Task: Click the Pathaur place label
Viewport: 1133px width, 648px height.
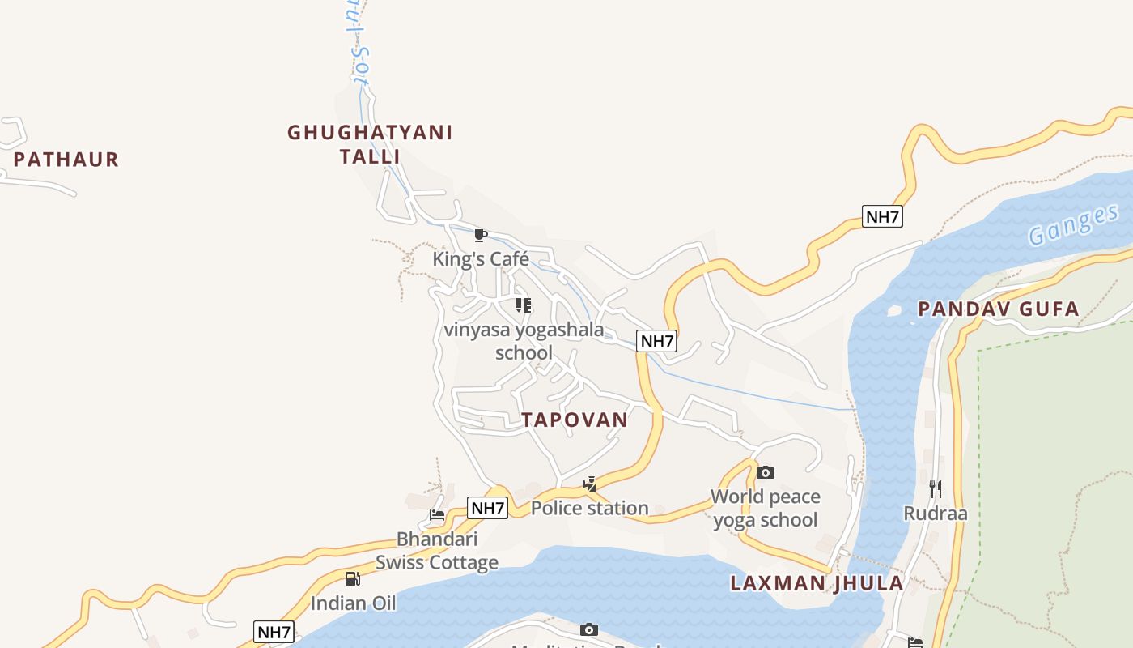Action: click(66, 160)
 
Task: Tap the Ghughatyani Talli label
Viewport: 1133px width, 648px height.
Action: click(370, 143)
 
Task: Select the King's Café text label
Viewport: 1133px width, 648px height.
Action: click(481, 259)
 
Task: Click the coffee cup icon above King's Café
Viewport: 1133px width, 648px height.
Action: click(480, 235)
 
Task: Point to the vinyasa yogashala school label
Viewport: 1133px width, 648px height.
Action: click(524, 341)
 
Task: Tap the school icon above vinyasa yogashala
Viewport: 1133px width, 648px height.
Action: click(524, 305)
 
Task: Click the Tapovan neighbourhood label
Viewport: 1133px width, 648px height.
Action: click(575, 420)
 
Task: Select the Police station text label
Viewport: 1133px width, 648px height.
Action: click(590, 508)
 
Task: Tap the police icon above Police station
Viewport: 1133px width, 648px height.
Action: click(590, 484)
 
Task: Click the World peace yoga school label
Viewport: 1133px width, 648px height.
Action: click(766, 508)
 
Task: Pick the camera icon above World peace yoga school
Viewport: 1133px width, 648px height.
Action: click(766, 472)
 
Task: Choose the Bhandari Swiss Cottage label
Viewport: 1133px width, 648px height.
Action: click(437, 551)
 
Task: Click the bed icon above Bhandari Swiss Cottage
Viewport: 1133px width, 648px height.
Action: click(437, 515)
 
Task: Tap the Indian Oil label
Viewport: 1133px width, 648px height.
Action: click(354, 603)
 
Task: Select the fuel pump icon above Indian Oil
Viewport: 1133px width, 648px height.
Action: click(353, 578)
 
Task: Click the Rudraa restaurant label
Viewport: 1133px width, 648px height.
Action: click(936, 514)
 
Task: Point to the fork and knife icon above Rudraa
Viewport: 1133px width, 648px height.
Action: click(936, 488)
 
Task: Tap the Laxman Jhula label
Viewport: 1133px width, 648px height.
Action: click(817, 583)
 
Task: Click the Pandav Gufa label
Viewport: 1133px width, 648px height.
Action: click(999, 309)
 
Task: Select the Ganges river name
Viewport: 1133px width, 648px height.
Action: click(1073, 226)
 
